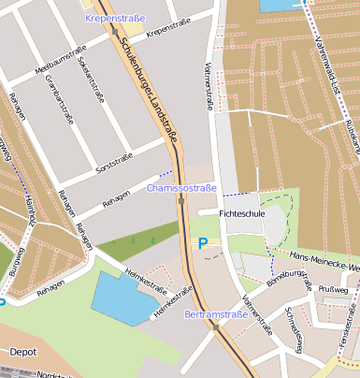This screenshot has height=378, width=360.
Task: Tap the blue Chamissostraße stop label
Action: (x=181, y=188)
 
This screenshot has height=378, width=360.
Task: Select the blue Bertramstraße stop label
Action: (x=216, y=314)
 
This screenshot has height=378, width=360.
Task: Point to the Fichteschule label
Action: (x=241, y=213)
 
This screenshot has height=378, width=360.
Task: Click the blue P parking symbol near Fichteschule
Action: (x=203, y=243)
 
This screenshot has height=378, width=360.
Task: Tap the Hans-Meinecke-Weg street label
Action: (x=324, y=260)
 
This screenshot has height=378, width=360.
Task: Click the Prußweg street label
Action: (x=333, y=290)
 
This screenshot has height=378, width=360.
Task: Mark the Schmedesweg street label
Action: (x=295, y=330)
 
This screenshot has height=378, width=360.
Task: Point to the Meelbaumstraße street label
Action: (x=60, y=65)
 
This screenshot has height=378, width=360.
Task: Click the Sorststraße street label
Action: (x=116, y=159)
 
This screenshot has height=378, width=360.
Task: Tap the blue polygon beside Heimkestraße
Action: (x=126, y=299)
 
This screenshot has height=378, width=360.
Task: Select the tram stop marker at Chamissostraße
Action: (x=180, y=200)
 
